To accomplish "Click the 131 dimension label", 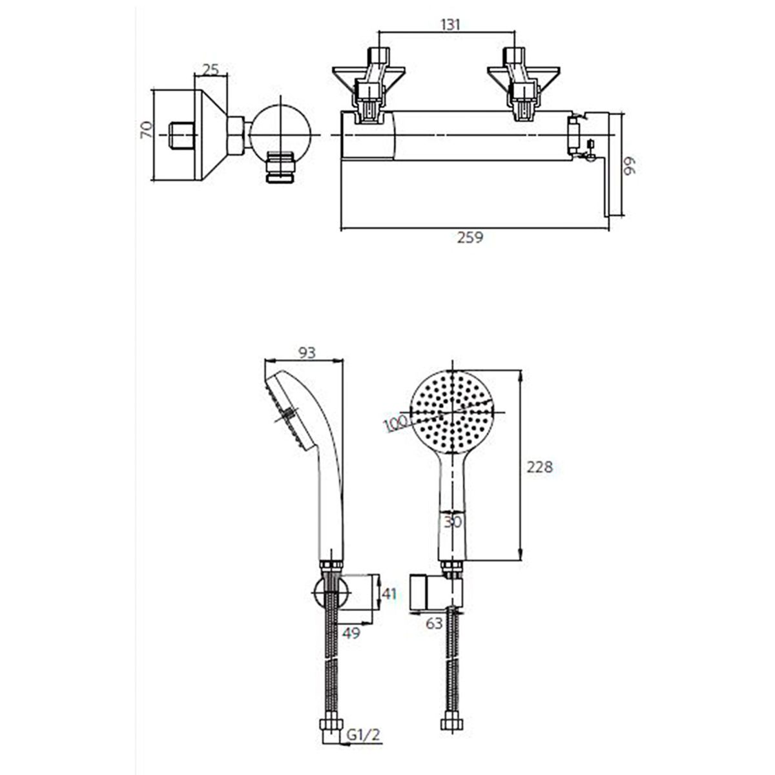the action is point(450,25).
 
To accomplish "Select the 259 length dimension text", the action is point(470,238).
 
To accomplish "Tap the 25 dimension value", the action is point(211,70).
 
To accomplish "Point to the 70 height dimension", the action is point(147,130).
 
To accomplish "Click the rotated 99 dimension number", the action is point(630,166).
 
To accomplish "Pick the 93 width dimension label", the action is point(307,353).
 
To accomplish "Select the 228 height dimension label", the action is point(540,467).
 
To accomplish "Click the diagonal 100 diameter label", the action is point(396,424).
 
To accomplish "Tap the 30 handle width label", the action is point(453,522).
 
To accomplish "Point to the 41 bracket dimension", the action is point(389,594).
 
